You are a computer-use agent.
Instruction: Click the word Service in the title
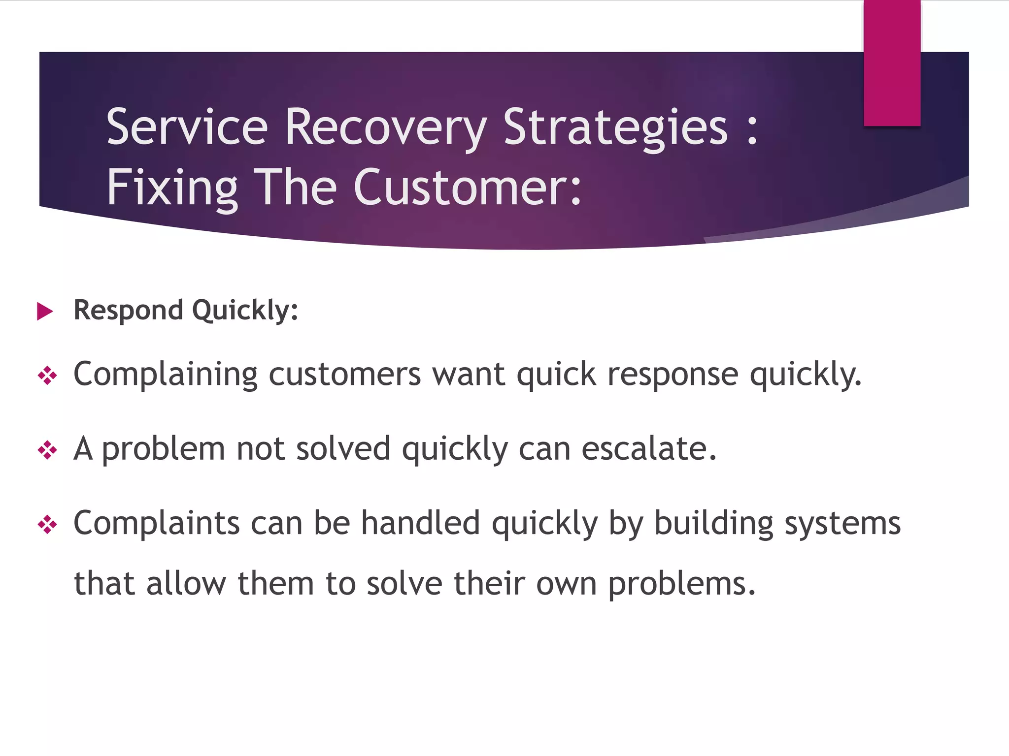[x=187, y=127]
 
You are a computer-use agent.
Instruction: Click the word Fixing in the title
[x=172, y=188]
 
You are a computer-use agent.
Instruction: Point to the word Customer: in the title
[x=468, y=188]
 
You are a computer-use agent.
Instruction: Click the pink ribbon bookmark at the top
[x=892, y=63]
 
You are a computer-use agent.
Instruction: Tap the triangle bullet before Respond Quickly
[x=45, y=311]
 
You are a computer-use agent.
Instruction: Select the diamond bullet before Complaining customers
[x=47, y=376]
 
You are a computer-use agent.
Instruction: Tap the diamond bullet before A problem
[x=47, y=450]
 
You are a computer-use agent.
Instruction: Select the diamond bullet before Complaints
[x=47, y=525]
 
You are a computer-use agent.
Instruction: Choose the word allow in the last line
[x=186, y=584]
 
